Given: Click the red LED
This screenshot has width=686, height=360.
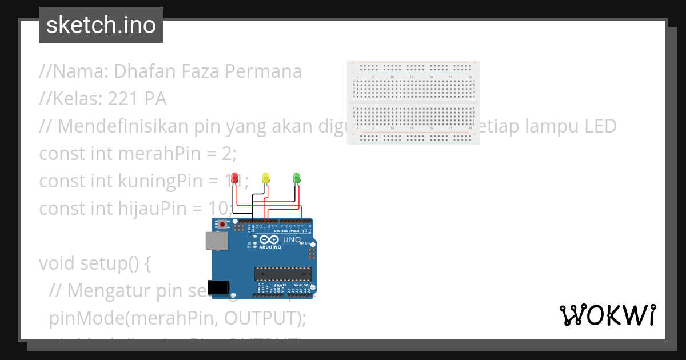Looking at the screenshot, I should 234,178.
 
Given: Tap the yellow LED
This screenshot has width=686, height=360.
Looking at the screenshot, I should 265,178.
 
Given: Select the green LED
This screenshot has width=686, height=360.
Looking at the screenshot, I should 296,178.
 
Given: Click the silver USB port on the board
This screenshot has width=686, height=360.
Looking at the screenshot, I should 217,242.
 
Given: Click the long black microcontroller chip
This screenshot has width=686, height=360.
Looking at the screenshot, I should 283,274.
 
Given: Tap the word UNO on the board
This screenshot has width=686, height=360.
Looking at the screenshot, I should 292,240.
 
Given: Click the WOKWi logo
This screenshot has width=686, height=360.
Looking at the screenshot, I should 607,315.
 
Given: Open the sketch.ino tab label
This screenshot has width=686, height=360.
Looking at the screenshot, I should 101,25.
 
